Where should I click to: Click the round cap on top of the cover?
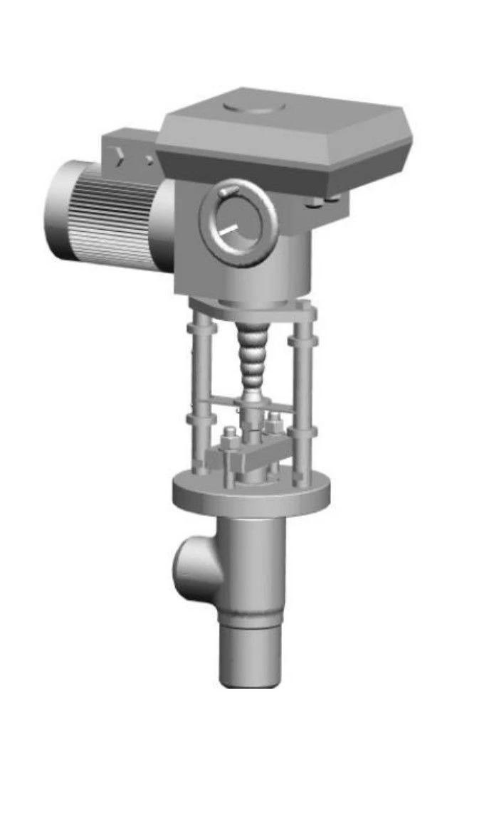[254, 107]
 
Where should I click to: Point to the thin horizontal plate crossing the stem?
[253, 403]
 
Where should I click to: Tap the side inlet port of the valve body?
[191, 566]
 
